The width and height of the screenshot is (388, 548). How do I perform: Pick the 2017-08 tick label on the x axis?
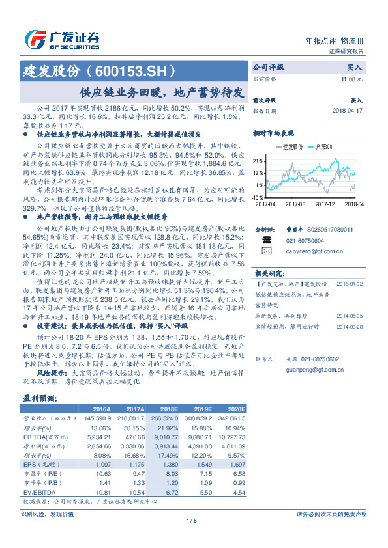pyautogui.click(x=295, y=203)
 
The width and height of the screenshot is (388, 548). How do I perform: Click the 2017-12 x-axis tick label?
pyautogui.click(x=324, y=203)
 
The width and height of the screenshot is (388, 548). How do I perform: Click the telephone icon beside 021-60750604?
pyautogui.click(x=266, y=240)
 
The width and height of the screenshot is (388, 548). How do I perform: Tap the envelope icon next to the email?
pyautogui.click(x=266, y=251)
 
